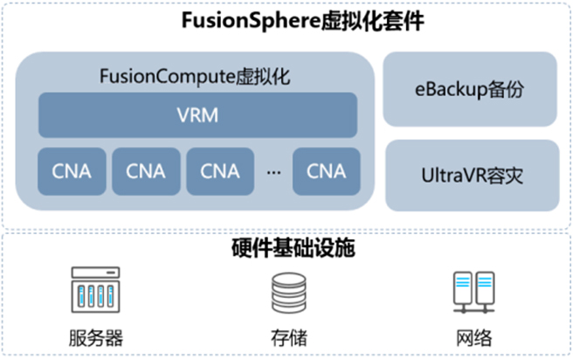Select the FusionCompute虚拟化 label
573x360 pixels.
point(196,76)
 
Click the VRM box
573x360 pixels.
point(197,114)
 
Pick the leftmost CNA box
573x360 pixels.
point(71,171)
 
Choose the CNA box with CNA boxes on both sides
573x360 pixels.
point(146,171)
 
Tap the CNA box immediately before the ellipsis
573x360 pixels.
point(220,171)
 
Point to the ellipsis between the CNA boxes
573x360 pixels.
point(273,172)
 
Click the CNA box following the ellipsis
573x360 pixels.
point(326,171)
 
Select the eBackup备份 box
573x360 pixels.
point(471,89)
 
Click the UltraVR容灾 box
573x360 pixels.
point(471,175)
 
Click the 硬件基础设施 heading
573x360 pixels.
point(286,247)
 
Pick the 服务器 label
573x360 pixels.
point(93,338)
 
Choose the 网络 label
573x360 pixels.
point(471,338)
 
